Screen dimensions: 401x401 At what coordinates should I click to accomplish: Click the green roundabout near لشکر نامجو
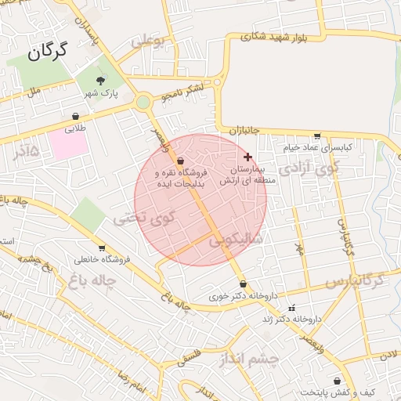pyautogui.click(x=143, y=102)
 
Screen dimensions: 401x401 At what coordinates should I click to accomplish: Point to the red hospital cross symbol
pyautogui.click(x=248, y=157)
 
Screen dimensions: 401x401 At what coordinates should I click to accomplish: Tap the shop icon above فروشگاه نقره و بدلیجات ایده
pyautogui.click(x=182, y=160)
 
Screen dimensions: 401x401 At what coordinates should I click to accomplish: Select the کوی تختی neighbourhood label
pyautogui.click(x=135, y=218)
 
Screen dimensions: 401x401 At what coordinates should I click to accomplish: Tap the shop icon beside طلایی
pyautogui.click(x=75, y=116)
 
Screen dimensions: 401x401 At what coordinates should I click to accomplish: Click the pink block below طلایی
pyautogui.click(x=68, y=143)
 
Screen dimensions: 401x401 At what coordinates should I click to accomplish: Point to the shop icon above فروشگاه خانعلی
pyautogui.click(x=100, y=247)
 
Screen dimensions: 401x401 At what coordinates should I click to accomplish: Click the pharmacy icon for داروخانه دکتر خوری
pyautogui.click(x=243, y=284)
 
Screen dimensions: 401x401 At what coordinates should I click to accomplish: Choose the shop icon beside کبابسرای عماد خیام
pyautogui.click(x=316, y=135)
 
